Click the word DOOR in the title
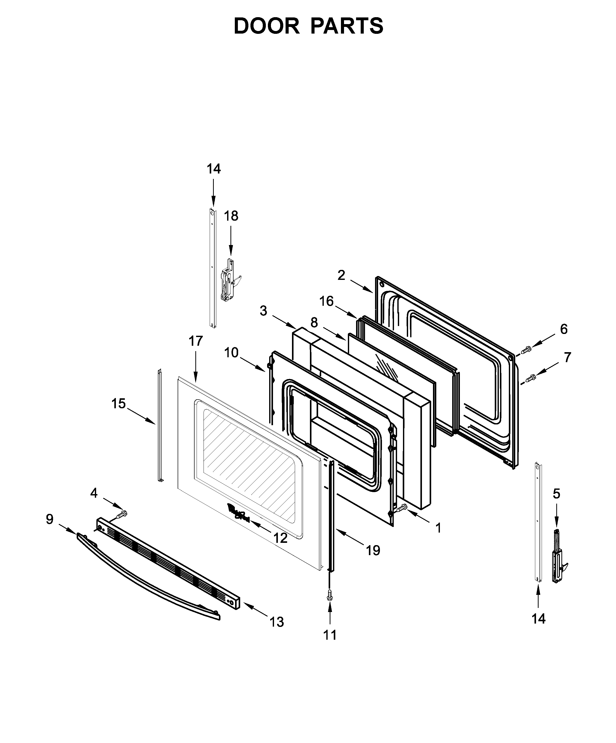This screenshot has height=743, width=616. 266,26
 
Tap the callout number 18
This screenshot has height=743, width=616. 231,216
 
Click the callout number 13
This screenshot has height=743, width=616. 276,622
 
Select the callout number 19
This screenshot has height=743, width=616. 372,550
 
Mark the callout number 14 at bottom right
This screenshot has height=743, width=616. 538,618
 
